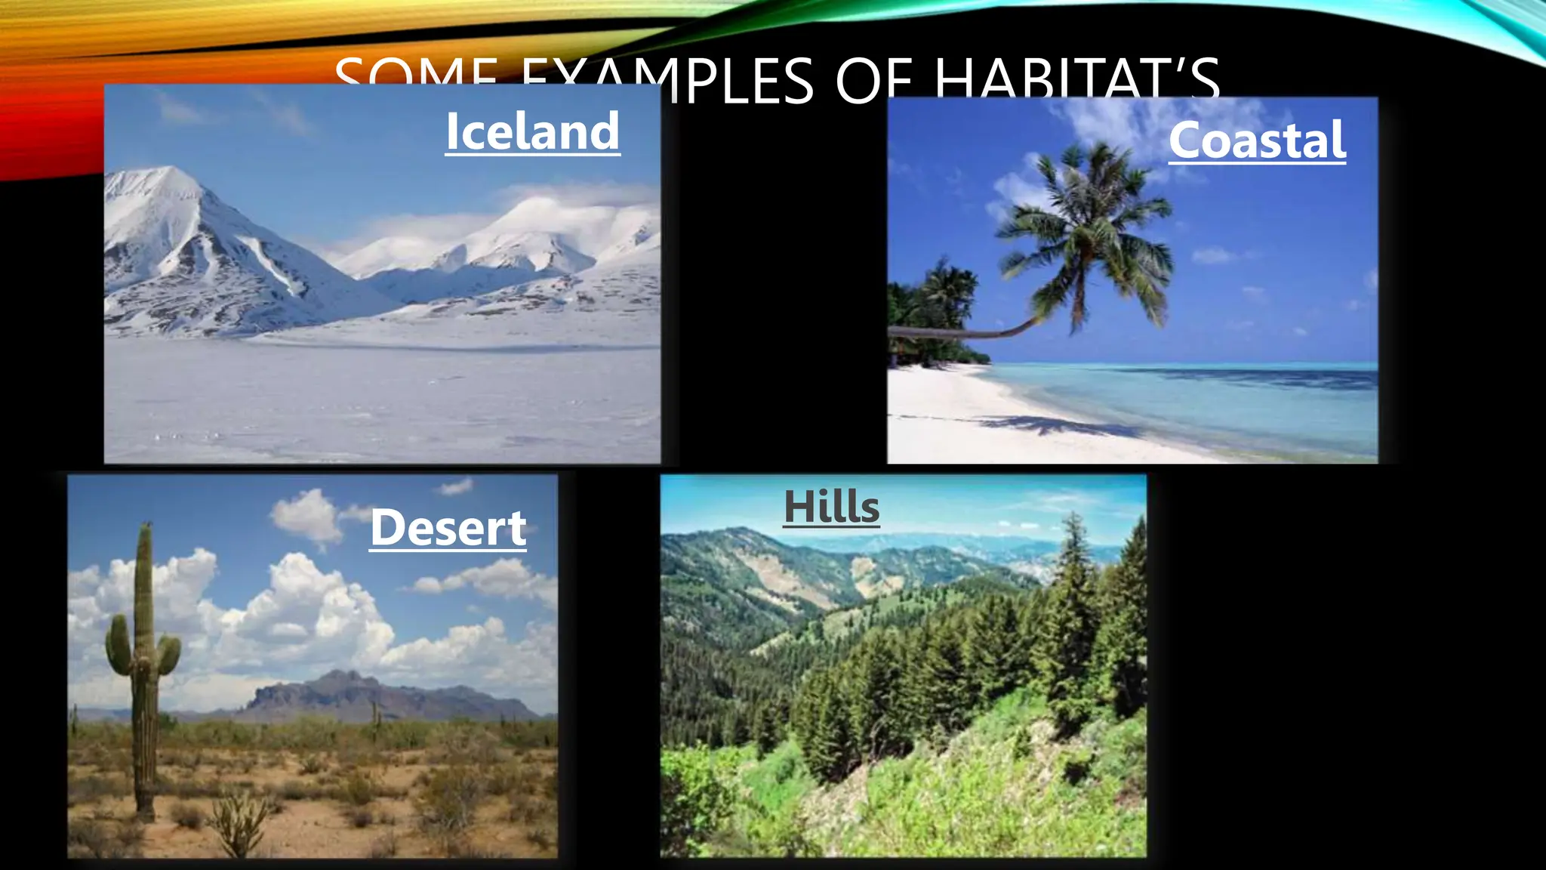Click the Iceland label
click(x=532, y=131)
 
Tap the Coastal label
click(x=1257, y=140)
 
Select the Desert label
click(x=448, y=527)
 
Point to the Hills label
click(x=831, y=506)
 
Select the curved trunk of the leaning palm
click(x=981, y=331)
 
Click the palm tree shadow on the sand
click(x=1057, y=427)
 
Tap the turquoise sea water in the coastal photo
click(x=1208, y=400)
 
